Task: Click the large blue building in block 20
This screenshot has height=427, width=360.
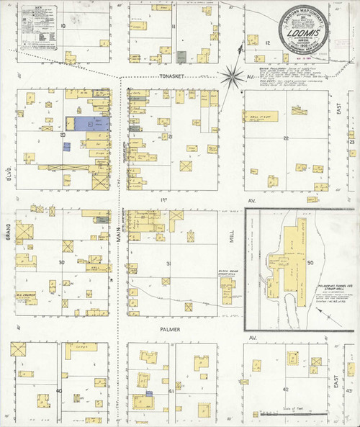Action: pyautogui.click(x=87, y=125)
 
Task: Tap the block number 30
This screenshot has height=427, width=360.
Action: pyautogui.click(x=62, y=263)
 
